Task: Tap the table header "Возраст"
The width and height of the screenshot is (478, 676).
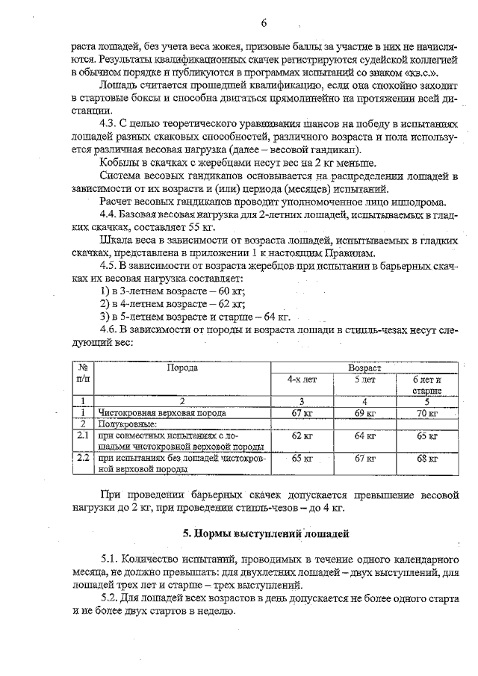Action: coord(364,368)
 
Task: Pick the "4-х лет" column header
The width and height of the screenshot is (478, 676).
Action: coord(302,379)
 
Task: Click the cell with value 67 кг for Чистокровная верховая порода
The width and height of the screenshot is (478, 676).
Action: coord(302,412)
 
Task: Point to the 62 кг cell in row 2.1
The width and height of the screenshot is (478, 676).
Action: coord(302,435)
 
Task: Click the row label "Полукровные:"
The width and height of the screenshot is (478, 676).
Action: coord(122,424)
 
